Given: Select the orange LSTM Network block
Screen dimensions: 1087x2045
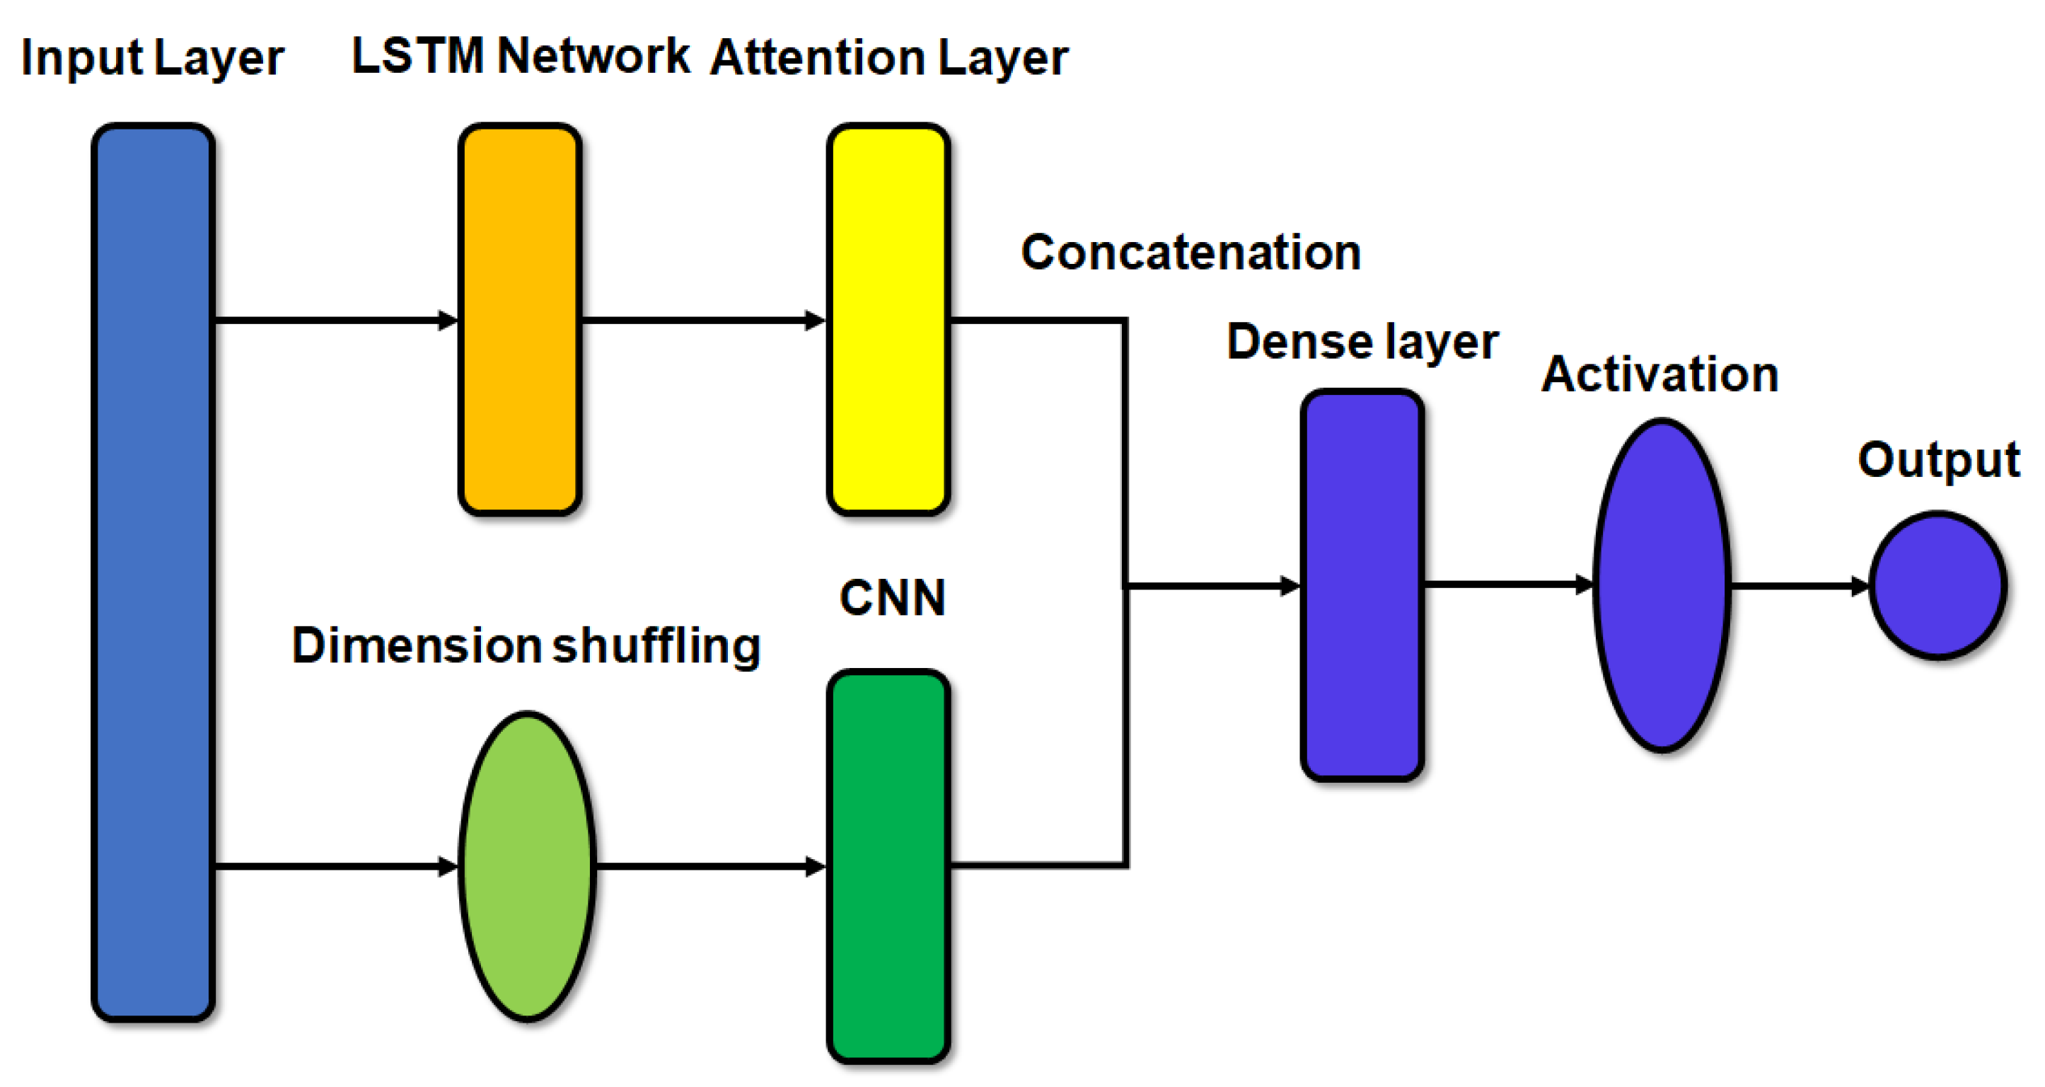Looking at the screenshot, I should point(520,319).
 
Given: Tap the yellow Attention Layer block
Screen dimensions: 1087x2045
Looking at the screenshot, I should point(888,319).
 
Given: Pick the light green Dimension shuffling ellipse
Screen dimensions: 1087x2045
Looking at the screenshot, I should point(527,865).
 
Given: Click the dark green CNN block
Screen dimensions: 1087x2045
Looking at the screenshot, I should point(888,865).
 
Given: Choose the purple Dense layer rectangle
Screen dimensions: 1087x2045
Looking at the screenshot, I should point(1362,585).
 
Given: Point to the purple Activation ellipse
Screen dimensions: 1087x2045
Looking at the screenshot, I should point(1662,585).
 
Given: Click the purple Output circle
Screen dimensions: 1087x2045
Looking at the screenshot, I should point(1937,585).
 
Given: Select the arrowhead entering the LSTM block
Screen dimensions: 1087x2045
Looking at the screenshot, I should point(449,321).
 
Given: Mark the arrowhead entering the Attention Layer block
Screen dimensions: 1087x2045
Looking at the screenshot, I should point(816,321).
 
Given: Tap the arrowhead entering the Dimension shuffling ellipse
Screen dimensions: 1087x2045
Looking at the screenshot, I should point(449,866).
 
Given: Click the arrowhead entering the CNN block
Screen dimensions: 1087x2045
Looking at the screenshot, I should point(816,866).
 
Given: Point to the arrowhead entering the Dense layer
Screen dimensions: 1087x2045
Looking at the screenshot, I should point(1291,586).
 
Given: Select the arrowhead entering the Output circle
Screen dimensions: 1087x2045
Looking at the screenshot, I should point(1861,586).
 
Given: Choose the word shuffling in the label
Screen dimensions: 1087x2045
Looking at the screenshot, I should point(656,645).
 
